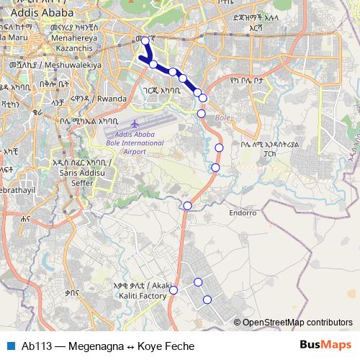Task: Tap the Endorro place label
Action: (243, 213)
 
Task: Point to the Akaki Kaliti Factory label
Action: (140, 289)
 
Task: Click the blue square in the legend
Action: (10, 346)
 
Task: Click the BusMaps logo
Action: (325, 346)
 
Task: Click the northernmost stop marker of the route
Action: (145, 41)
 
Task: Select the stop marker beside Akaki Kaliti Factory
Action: (174, 290)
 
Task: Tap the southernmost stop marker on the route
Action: (207, 300)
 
